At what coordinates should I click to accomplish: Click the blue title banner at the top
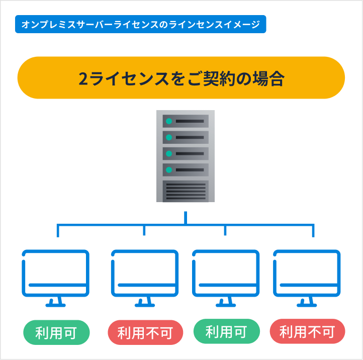pos(140,25)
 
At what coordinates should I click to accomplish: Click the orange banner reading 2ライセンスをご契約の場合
pos(181,78)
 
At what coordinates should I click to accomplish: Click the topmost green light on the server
pos(169,121)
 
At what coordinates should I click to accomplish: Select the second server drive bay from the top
pos(185,137)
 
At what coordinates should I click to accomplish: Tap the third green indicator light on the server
pos(169,153)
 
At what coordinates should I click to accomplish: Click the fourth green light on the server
pos(169,169)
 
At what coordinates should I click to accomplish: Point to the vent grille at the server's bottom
pos(185,190)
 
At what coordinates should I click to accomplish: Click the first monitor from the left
pos(55,274)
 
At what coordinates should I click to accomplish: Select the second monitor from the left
pos(144,274)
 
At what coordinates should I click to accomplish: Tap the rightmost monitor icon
pos(307,274)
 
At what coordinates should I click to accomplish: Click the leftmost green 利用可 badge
pos(56,332)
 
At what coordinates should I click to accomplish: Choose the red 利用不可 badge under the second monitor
pos(145,333)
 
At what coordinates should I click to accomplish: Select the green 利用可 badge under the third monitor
pos(226,332)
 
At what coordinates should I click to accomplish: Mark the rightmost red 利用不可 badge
pos(307,332)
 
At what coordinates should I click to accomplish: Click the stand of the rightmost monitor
pos(307,301)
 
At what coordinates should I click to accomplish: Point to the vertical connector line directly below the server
pos(186,217)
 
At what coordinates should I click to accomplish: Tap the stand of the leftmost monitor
pos(55,301)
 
